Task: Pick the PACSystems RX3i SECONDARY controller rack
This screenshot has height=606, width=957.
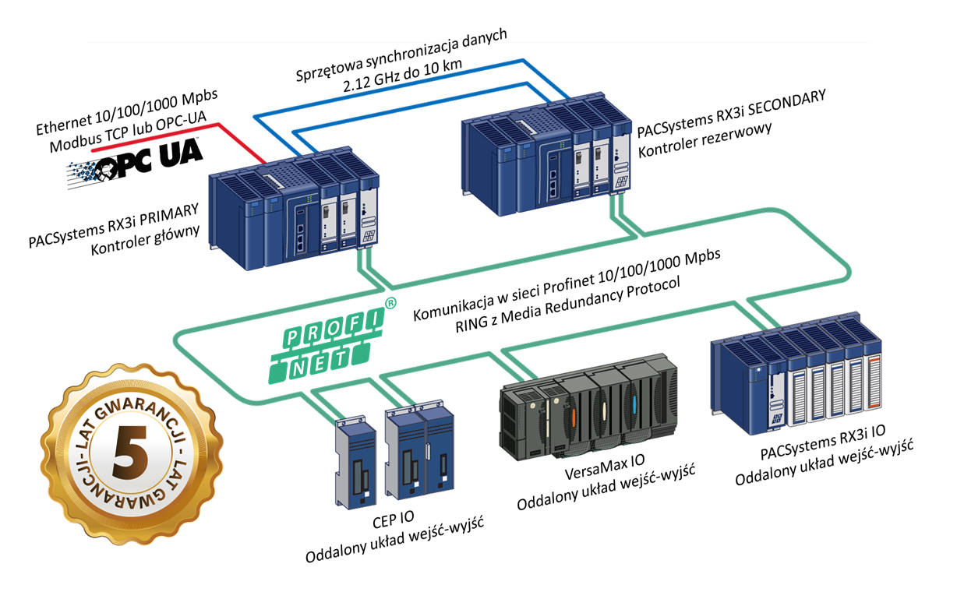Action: click(546, 160)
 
